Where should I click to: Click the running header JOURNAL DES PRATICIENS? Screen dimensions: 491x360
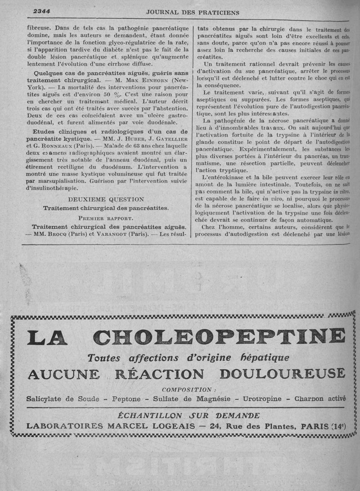193,13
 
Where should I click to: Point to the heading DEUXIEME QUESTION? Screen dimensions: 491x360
106,199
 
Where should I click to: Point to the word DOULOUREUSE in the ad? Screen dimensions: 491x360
283,374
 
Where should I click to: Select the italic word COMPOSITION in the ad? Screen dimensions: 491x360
186,389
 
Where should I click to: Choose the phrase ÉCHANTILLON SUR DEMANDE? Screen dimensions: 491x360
189,415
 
